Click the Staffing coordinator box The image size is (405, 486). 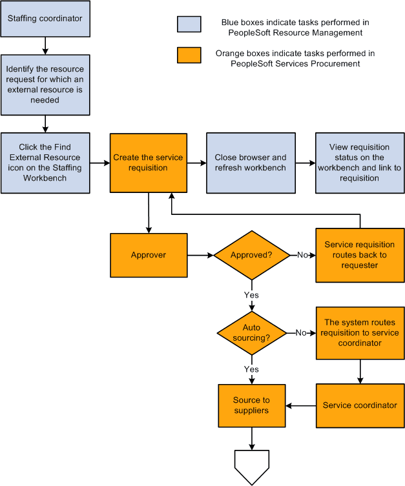click(45, 18)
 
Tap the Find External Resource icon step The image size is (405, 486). click(45, 163)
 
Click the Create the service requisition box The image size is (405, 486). click(148, 163)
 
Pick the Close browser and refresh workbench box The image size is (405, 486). click(251, 163)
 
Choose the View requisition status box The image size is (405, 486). click(359, 163)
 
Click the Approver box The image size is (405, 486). click(148, 255)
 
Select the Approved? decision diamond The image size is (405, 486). click(251, 255)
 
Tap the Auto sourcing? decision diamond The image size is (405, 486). click(251, 332)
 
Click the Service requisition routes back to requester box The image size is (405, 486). click(359, 255)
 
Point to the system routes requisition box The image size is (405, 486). click(359, 332)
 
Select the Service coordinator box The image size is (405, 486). click(359, 405)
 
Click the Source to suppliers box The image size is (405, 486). click(251, 405)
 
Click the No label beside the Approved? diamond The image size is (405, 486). click(302, 255)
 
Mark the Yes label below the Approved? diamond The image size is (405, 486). click(251, 295)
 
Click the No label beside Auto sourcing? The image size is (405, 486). click(301, 332)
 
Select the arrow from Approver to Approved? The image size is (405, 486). click(200, 255)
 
